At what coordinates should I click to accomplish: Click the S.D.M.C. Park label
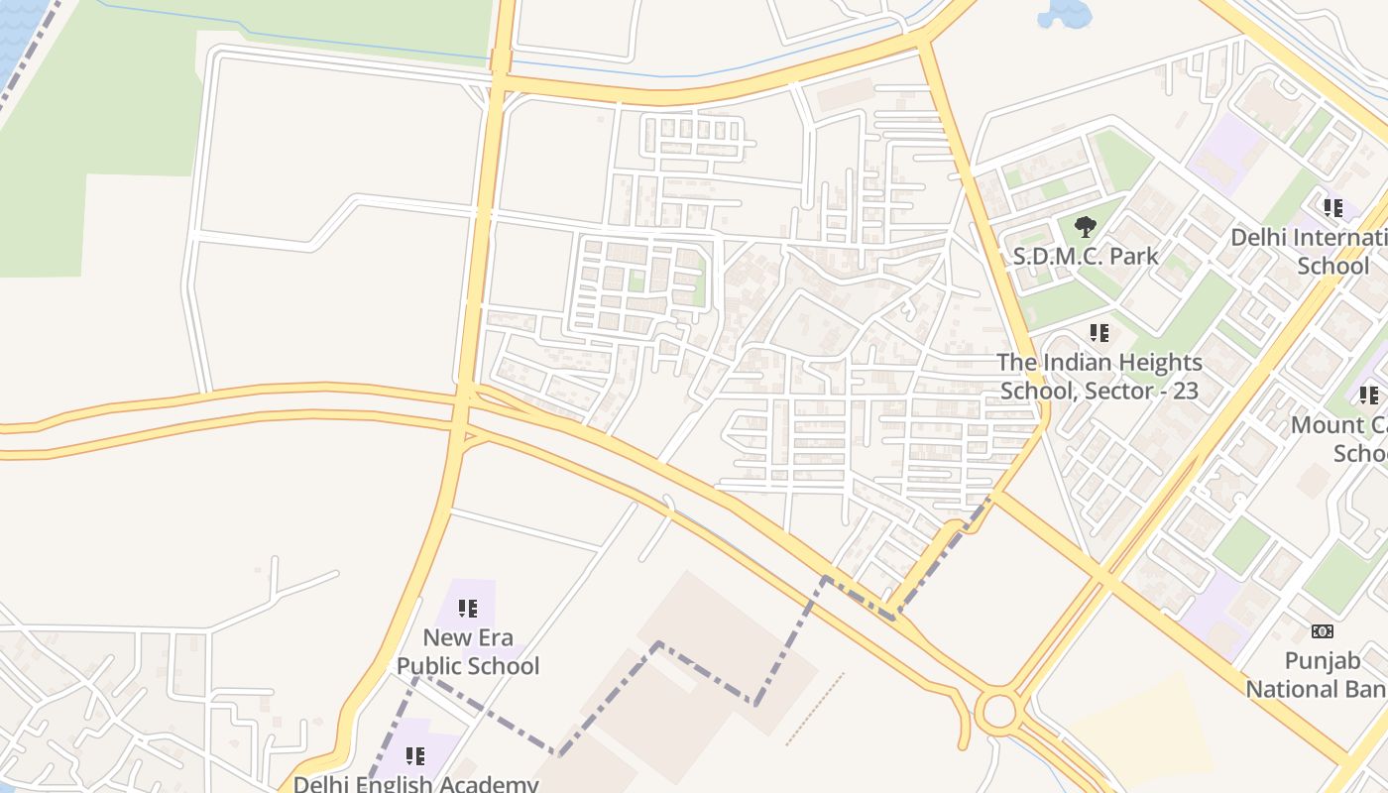pos(1086,256)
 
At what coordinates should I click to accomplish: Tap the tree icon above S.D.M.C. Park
pos(1086,227)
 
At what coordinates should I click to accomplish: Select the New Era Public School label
pos(468,651)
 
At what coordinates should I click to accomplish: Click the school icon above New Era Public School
pos(468,609)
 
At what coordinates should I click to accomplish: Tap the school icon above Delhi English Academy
pos(415,757)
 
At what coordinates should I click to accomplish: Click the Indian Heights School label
pos(1099,377)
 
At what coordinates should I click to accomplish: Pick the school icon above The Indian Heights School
pos(1099,333)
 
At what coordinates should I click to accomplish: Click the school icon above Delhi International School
pos(1333,208)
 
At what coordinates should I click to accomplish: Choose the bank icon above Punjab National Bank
pos(1323,631)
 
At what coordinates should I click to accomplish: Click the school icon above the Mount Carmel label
pos(1369,396)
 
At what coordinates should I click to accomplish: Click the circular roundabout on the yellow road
pos(998,711)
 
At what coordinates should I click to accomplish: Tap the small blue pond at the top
pos(1064,12)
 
